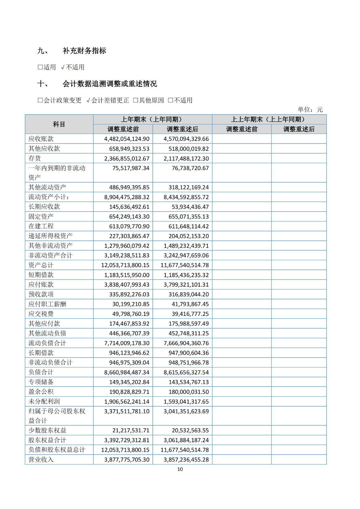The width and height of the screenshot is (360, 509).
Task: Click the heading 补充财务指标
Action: tap(84, 51)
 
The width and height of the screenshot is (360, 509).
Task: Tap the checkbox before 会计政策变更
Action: tap(40, 100)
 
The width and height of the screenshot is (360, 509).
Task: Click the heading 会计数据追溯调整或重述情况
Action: tap(109, 84)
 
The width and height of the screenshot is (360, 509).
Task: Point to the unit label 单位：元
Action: tap(310, 109)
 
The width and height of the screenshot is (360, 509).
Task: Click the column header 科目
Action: tap(59, 124)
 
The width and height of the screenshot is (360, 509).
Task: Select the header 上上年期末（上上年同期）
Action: tap(269, 119)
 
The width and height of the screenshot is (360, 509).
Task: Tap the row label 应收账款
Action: tap(41, 139)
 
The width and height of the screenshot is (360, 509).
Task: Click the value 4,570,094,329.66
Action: tap(186, 139)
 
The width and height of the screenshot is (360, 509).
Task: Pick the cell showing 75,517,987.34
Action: tap(131, 168)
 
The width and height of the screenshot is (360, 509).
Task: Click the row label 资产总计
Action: tap(41, 265)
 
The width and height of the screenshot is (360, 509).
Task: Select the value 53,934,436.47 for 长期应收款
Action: tap(190, 207)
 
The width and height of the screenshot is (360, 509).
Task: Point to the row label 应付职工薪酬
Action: tap(47, 304)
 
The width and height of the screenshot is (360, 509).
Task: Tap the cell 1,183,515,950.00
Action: tap(127, 275)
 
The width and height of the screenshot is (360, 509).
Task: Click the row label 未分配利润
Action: tap(44, 401)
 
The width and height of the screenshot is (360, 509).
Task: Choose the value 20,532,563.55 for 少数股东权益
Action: tap(190, 430)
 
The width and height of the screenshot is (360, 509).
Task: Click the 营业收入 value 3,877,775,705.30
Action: tap(127, 460)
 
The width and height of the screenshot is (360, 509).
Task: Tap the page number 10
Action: tap(180, 469)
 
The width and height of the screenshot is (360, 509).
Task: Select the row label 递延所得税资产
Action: tap(51, 236)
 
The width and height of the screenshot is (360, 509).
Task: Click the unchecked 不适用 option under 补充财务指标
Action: tap(73, 67)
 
